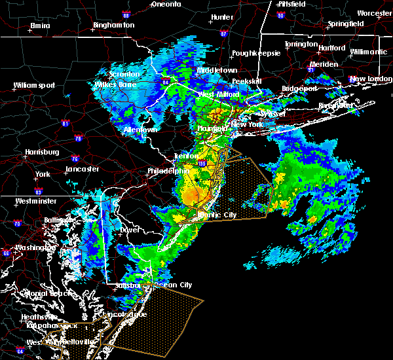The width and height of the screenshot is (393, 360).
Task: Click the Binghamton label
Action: click(x=113, y=25)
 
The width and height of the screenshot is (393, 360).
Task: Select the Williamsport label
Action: click(x=34, y=85)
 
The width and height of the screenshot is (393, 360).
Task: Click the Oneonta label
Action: click(x=166, y=4)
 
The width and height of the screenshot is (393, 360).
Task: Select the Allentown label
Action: click(x=141, y=130)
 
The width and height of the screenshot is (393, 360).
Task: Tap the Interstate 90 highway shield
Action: click(x=281, y=14)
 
